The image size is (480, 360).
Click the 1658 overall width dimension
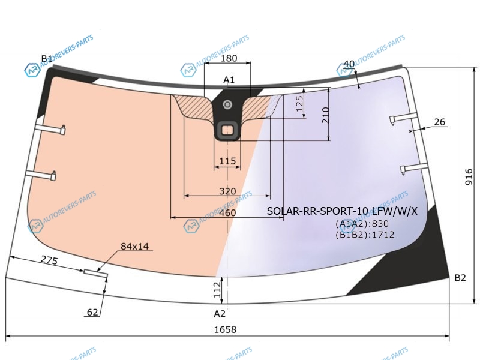pyautogui.click(x=226, y=329)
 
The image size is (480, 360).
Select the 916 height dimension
pyautogui.click(x=469, y=177)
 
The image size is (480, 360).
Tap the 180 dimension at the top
pyautogui.click(x=229, y=58)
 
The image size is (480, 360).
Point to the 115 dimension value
pyautogui.click(x=228, y=161)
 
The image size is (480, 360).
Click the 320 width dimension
pyautogui.click(x=228, y=191)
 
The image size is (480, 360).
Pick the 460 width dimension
pyautogui.click(x=228, y=213)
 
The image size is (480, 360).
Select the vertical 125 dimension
pyautogui.click(x=299, y=103)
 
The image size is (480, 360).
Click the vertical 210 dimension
pyautogui.click(x=325, y=115)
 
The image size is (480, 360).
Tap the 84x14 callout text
pyautogui.click(x=134, y=246)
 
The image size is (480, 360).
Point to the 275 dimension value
pyautogui.click(x=49, y=260)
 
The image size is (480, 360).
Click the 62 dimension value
pyautogui.click(x=92, y=312)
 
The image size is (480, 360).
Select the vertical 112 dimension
pyautogui.click(x=217, y=290)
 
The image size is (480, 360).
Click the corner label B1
pyautogui.click(x=47, y=58)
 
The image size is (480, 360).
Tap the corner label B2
pyautogui.click(x=460, y=278)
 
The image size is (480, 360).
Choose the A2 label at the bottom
pyautogui.click(x=220, y=313)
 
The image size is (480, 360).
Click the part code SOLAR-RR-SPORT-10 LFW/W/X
pyautogui.click(x=342, y=211)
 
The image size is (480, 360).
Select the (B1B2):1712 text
pyautogui.click(x=365, y=235)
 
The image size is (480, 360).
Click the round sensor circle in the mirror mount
pyautogui.click(x=227, y=105)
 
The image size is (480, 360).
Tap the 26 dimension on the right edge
pyautogui.click(x=440, y=122)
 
